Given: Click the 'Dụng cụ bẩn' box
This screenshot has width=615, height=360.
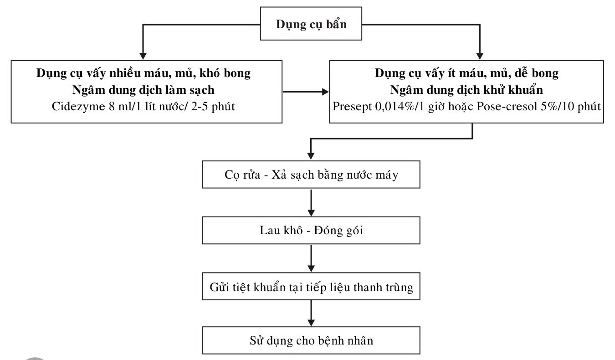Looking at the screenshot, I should point(311,25).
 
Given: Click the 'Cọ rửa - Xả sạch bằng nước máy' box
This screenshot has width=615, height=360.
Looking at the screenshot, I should point(311,175).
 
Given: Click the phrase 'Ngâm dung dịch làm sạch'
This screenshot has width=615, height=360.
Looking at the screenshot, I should point(143,91).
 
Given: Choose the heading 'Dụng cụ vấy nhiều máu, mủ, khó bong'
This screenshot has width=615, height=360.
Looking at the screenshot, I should point(143,73).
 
